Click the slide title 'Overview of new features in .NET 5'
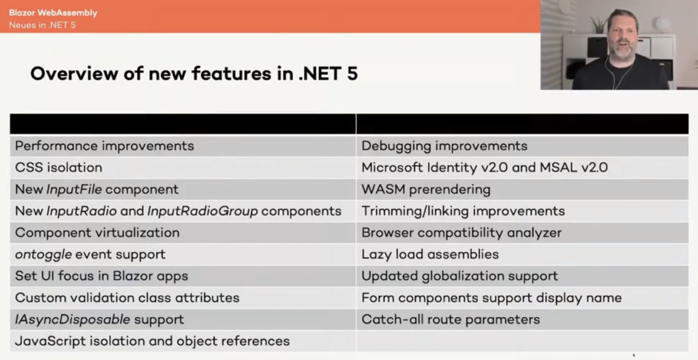coord(194,74)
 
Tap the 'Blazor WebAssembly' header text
coord(53,13)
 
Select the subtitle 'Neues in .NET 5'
coord(42,25)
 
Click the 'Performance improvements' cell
coord(104,146)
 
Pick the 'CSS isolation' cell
coord(59,168)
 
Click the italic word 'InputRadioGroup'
coord(202,211)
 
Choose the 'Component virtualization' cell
coord(97,232)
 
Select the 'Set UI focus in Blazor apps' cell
coord(102,276)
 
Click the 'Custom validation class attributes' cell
coord(127,298)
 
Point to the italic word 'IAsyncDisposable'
coord(72,320)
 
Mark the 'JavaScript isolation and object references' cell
coord(153,341)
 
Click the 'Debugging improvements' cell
coord(444,146)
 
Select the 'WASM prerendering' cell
coord(426,190)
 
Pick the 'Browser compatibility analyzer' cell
coord(461,232)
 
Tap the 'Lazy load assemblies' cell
coord(430,254)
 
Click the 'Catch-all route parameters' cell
coord(451,320)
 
